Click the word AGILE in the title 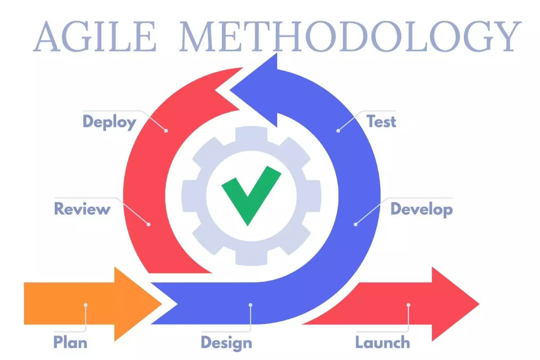(95, 36)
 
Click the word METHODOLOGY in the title (350, 36)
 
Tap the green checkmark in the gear (251, 196)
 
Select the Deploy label (109, 122)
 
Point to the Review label (82, 209)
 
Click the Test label (381, 121)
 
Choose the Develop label (421, 209)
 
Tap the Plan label (70, 342)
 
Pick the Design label (226, 343)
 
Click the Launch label (382, 342)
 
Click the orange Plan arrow (93, 304)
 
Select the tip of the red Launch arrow (479, 304)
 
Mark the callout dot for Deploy (166, 130)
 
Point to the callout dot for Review (149, 225)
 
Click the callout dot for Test (338, 130)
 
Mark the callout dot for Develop (355, 225)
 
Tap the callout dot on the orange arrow (85, 305)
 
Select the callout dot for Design (251, 305)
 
